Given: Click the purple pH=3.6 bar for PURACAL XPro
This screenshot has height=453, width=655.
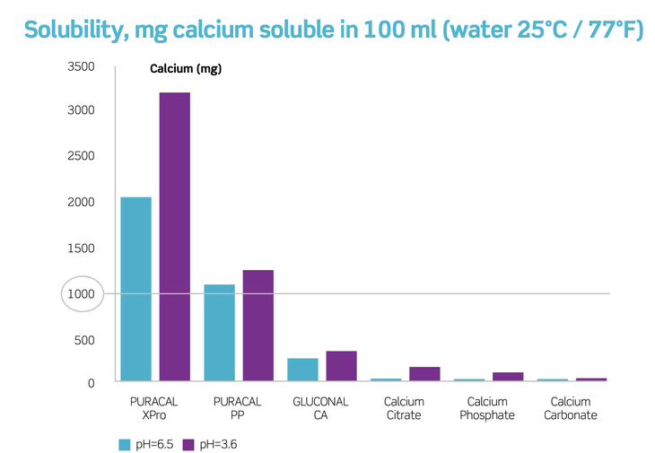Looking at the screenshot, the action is [x=175, y=236].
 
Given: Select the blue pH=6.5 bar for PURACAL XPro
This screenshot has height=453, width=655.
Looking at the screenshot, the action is [x=136, y=289].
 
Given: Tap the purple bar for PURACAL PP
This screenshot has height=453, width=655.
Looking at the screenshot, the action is [x=258, y=326].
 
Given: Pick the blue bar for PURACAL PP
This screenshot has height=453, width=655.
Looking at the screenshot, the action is [x=219, y=332].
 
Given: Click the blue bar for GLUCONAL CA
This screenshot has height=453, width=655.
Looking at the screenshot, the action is [x=302, y=370].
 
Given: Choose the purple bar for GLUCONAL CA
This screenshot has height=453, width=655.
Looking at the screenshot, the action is [x=341, y=366].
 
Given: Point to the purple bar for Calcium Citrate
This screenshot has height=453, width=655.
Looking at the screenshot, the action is [x=424, y=374].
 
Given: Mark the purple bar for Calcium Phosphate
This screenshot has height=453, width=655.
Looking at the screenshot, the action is [x=508, y=376].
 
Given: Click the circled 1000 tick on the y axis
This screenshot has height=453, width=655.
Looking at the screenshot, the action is [x=82, y=294].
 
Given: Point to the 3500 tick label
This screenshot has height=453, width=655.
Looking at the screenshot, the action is [x=81, y=66].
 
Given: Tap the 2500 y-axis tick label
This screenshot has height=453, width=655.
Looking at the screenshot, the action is [x=81, y=156].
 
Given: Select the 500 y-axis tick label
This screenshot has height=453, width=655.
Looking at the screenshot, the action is [x=84, y=340].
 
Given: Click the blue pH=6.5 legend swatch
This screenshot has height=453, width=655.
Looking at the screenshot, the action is [x=125, y=445].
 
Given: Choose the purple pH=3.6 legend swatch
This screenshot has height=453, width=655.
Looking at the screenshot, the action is [x=188, y=445].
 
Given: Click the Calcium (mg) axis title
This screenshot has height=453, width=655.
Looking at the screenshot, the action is [x=186, y=68].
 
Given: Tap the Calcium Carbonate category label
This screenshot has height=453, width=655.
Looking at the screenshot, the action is [x=570, y=408].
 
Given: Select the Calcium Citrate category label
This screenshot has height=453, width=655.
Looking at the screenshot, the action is [x=404, y=408].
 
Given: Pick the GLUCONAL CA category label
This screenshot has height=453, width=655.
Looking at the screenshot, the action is [x=320, y=408].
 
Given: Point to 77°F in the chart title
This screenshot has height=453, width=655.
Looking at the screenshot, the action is [x=616, y=30].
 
